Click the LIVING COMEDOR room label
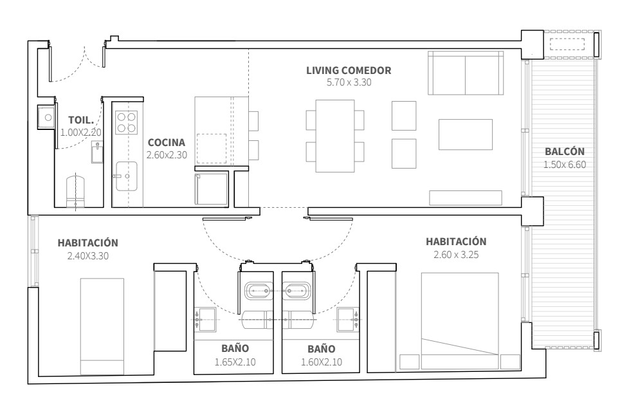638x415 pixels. [349, 70]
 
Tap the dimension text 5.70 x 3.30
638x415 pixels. [349, 82]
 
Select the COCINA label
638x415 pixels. [167, 142]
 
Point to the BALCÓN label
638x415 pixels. [565, 151]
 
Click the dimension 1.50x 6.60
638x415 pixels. [565, 164]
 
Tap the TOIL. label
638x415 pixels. [82, 120]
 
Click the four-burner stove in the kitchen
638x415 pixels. [126, 122]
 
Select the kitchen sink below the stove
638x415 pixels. [126, 176]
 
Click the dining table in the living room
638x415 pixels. [335, 136]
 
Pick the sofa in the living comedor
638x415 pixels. [466, 73]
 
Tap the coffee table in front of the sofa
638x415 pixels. [466, 134]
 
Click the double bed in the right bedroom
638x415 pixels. [460, 321]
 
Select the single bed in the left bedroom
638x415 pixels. [102, 326]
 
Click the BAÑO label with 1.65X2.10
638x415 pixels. [235, 348]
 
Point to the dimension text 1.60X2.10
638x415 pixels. [322, 362]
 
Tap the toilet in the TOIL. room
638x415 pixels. [76, 191]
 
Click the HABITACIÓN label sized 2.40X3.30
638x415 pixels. [88, 243]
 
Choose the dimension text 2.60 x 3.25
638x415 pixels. [456, 255]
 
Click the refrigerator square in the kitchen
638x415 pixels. [211, 189]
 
